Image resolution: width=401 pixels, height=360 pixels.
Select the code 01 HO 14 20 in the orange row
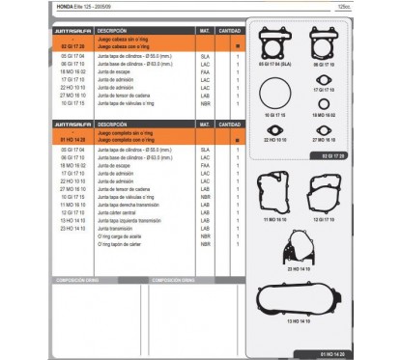point(59,140)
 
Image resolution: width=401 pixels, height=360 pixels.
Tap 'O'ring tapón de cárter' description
point(120,246)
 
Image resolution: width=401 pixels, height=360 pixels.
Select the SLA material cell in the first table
point(205,57)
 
